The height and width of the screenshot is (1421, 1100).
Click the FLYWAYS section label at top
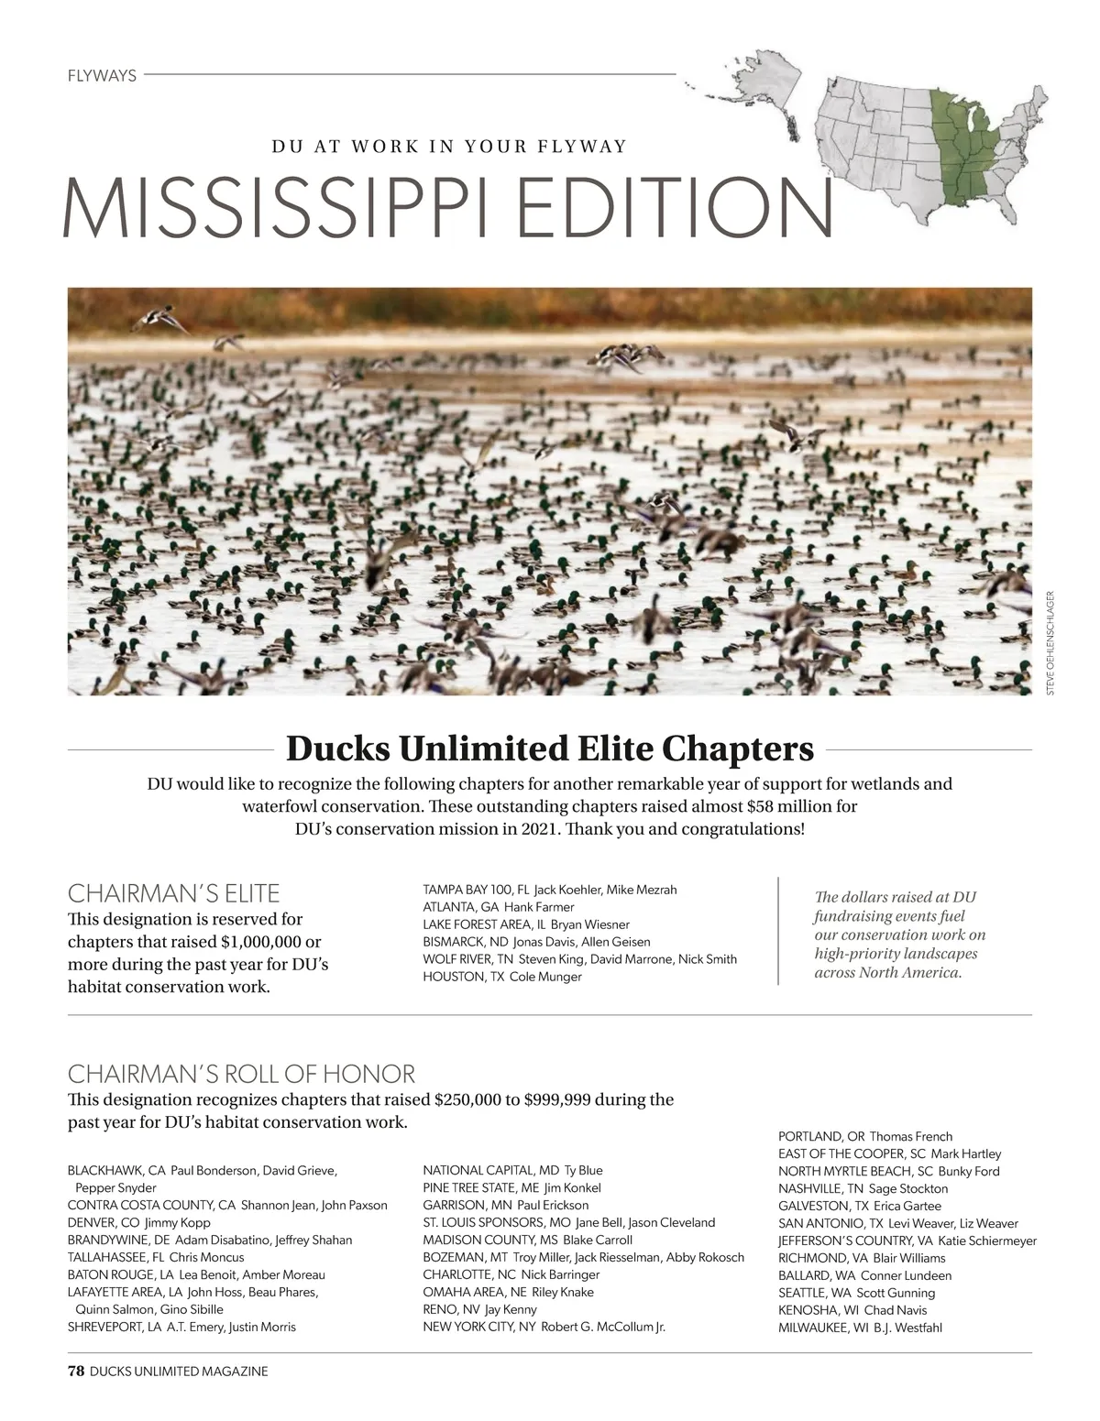102,76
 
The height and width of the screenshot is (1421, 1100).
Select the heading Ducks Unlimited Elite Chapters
550,749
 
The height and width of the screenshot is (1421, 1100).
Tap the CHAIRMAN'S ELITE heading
174,893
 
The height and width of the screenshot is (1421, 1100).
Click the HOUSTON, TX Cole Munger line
501,977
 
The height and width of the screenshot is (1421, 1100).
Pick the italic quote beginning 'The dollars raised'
899,935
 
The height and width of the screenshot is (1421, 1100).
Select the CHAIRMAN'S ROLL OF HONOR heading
241,1074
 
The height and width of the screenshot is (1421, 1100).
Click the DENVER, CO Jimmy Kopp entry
139,1222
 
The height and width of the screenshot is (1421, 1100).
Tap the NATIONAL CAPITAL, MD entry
512,1170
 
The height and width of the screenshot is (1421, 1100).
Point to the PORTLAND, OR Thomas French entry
864,1136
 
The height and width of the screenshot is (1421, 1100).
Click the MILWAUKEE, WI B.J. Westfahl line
860,1328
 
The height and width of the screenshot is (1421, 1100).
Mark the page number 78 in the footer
76,1372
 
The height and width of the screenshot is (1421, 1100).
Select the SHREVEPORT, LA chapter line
181,1327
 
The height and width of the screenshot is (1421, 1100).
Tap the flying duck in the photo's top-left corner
158,320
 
